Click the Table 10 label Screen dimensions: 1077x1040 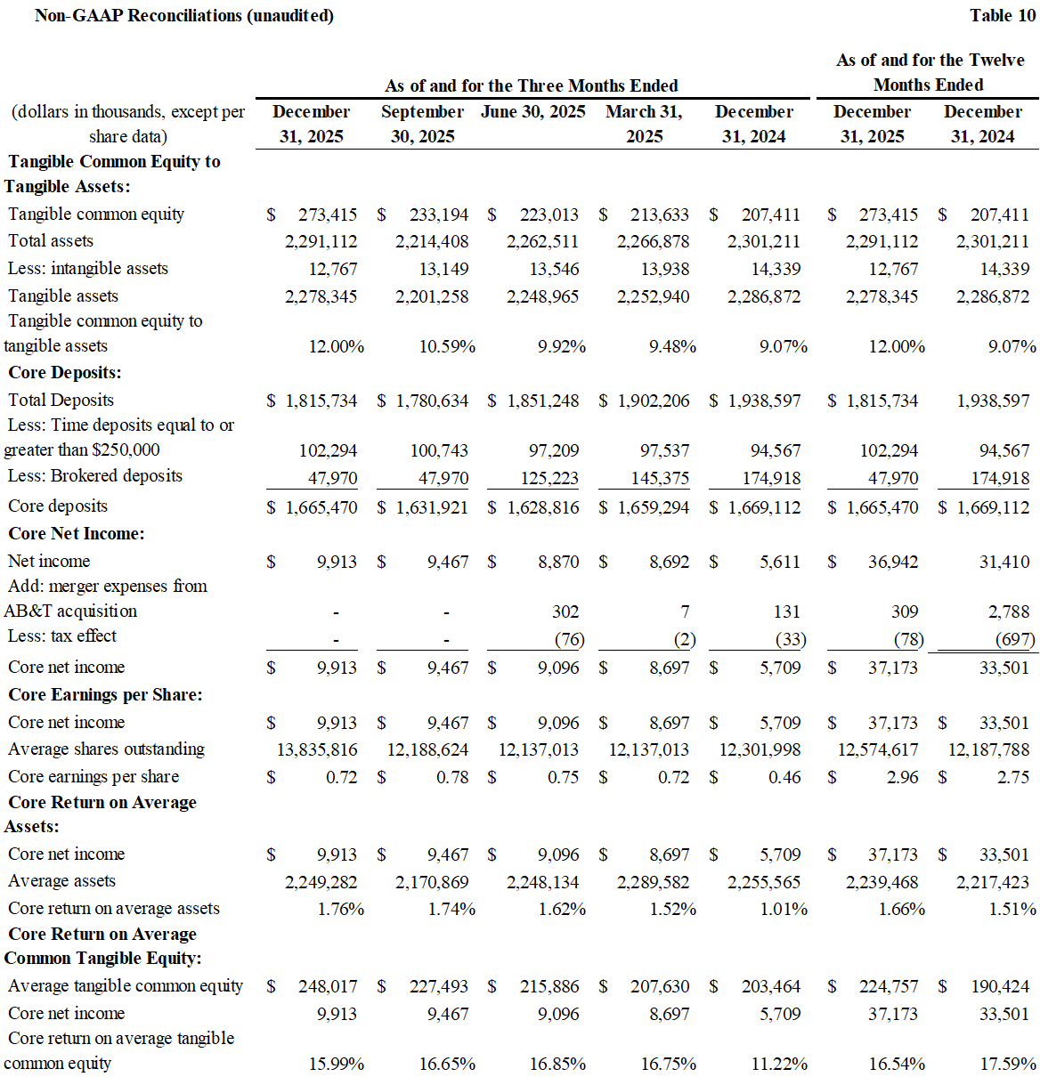[x=1003, y=15]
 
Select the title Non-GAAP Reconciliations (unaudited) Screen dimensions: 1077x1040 [x=184, y=15]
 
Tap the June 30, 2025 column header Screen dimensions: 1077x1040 [x=533, y=111]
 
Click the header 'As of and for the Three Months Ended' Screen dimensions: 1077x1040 [x=532, y=85]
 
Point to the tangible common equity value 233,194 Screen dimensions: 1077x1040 [x=439, y=215]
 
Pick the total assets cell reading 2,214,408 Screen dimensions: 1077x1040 [x=432, y=241]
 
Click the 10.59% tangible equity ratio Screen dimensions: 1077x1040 [x=447, y=346]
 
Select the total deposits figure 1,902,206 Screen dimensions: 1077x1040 [x=654, y=401]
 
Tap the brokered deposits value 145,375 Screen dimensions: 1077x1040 [x=660, y=478]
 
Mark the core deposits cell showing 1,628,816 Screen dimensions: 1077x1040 [x=542, y=507]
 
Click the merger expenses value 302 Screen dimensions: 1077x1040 [x=565, y=611]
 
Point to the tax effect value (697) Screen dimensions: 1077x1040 [x=1015, y=639]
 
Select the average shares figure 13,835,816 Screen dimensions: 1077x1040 [x=317, y=749]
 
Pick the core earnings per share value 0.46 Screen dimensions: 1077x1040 [x=784, y=777]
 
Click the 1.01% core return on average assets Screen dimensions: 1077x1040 [x=784, y=909]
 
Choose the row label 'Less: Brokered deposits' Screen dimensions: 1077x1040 [x=95, y=475]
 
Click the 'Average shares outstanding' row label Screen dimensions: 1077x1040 [x=106, y=749]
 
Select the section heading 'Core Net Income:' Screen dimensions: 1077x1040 [x=77, y=533]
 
